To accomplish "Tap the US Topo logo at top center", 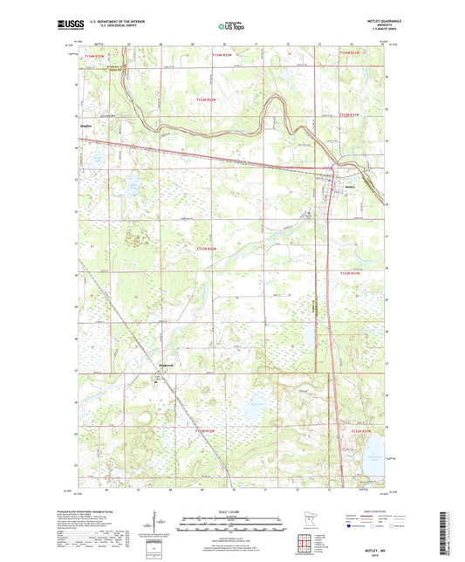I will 231,26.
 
